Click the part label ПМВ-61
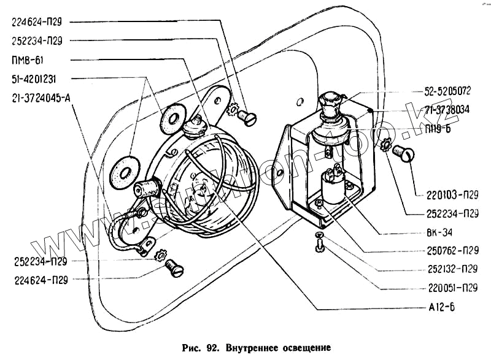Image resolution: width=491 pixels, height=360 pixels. tap(27, 60)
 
